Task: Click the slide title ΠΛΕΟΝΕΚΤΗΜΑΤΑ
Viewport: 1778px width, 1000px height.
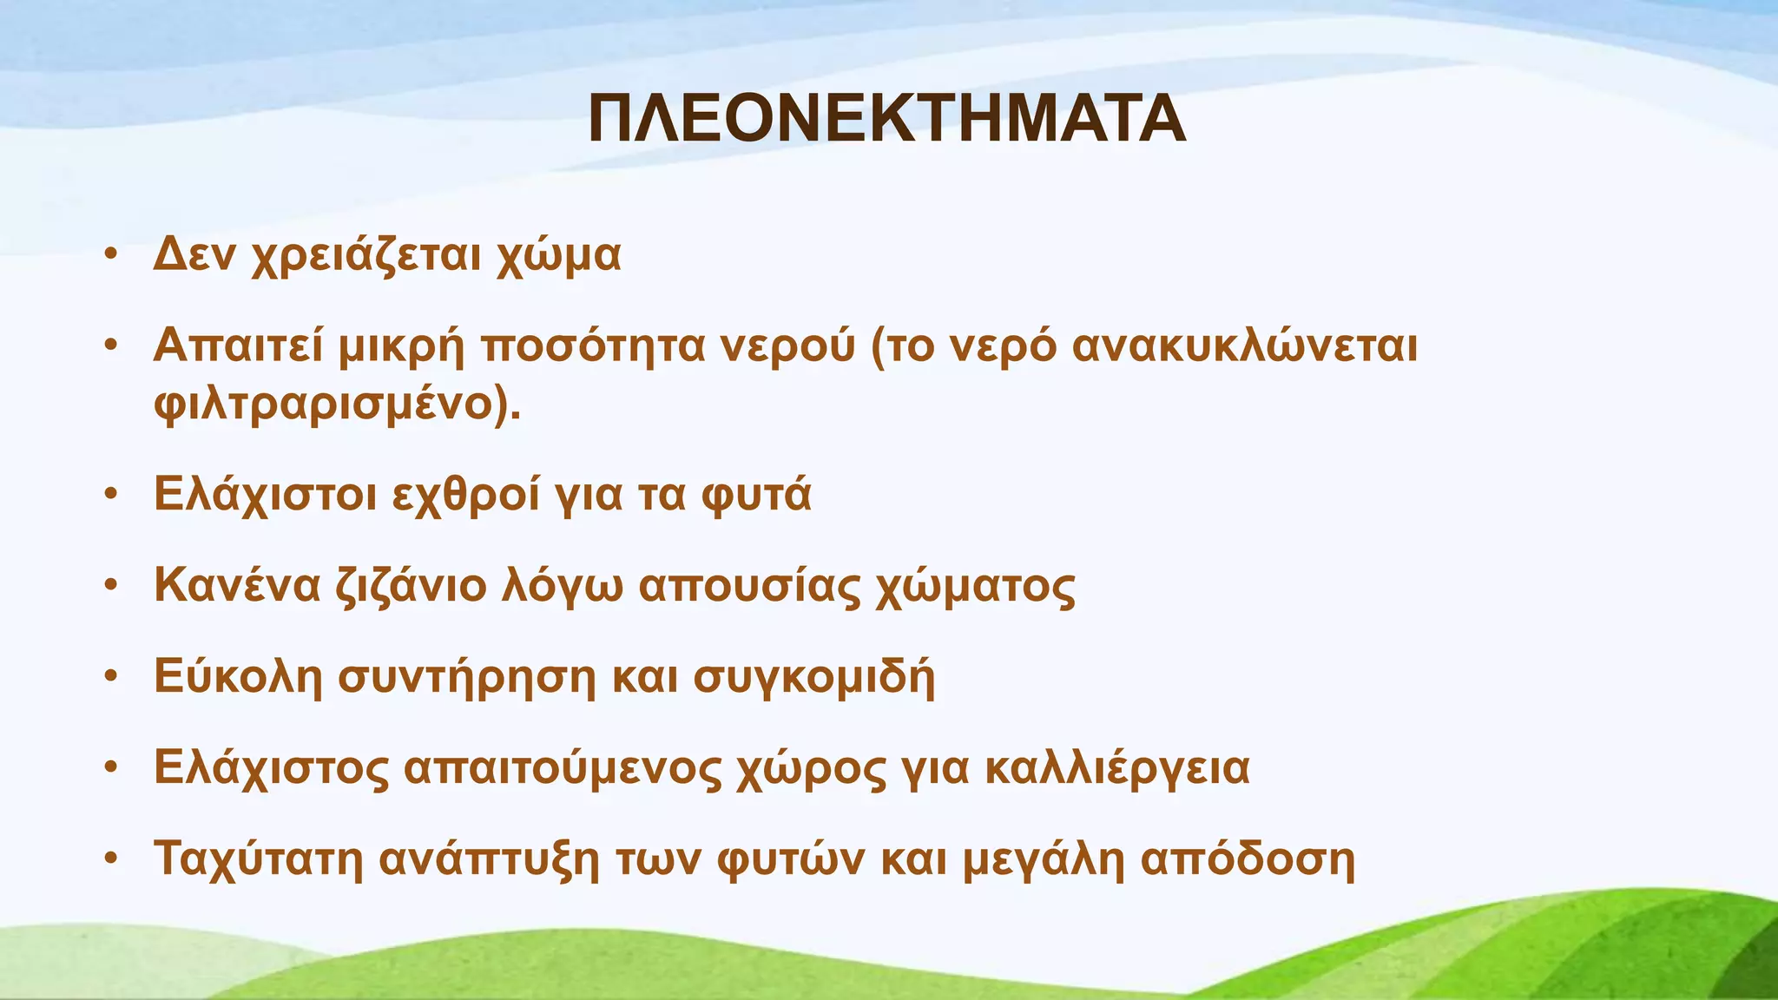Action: (x=886, y=120)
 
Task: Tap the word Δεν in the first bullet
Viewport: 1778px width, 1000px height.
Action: (x=194, y=255)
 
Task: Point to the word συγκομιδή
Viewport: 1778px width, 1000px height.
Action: (x=813, y=677)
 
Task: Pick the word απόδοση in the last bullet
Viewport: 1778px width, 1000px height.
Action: (x=1247, y=859)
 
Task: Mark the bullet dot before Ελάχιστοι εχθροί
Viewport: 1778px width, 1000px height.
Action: (x=109, y=495)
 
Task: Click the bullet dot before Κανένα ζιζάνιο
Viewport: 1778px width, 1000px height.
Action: (x=109, y=586)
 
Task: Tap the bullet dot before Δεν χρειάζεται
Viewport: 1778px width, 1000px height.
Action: (x=109, y=255)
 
